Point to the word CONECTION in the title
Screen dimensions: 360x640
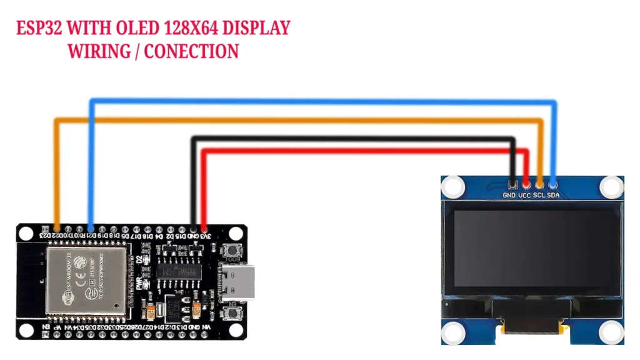pos(191,51)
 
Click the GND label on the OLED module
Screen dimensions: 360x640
pos(509,195)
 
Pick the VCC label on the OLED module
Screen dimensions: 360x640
pos(525,195)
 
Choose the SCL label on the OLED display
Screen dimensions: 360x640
pos(539,195)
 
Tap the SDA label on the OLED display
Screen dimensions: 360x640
pos(554,195)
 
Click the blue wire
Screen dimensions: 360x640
pos(312,101)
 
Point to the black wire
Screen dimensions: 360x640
pos(350,138)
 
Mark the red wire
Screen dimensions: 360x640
pos(362,151)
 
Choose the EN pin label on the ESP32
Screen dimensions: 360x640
pos(46,327)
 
